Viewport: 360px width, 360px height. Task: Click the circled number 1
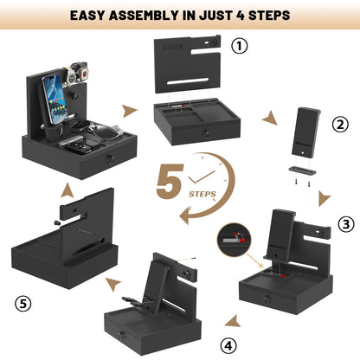coord(240,46)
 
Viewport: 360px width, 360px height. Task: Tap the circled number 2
coord(340,125)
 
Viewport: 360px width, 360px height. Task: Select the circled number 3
coord(346,224)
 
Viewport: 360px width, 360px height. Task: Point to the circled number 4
coord(228,345)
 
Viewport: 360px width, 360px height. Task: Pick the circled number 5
coord(23,304)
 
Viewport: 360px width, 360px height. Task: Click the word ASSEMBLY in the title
coord(144,16)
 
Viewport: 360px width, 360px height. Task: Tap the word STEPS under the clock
coord(202,194)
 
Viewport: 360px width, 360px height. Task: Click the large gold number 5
coord(170,181)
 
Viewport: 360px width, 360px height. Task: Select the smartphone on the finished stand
coord(55,99)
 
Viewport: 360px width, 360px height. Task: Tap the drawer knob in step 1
coord(206,134)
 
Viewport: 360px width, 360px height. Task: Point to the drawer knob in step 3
coord(266,300)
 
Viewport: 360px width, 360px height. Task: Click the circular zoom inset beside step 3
coord(234,240)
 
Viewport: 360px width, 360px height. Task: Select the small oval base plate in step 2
coord(302,170)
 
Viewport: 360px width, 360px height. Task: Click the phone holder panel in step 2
coord(305,132)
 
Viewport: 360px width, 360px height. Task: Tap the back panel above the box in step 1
coord(188,64)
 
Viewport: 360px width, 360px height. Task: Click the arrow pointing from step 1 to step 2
coord(270,118)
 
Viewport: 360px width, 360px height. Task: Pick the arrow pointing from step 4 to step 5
coord(113,284)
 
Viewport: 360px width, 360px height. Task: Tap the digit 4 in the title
coord(241,16)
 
